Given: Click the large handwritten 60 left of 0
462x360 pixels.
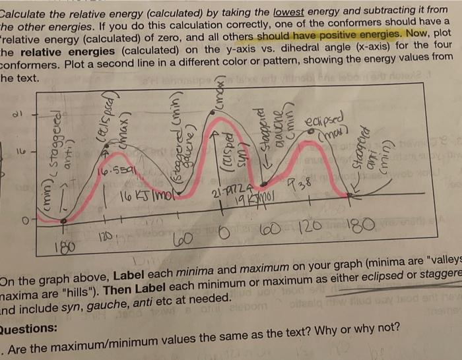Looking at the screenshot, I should [180, 239].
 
